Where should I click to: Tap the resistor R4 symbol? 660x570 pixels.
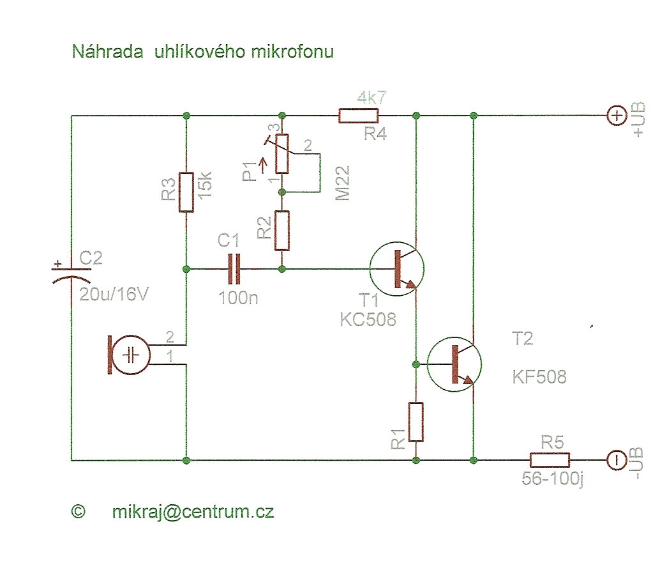click(358, 116)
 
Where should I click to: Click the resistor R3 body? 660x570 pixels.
click(186, 192)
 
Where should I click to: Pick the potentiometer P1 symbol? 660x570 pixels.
click(282, 154)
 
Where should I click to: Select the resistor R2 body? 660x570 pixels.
click(282, 231)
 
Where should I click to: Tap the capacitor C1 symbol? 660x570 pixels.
click(234, 269)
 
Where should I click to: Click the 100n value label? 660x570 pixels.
click(238, 297)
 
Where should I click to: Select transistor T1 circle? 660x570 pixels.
click(397, 269)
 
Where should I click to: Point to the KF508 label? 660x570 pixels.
click(539, 377)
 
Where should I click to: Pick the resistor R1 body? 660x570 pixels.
click(416, 422)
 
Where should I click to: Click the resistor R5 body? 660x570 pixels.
click(550, 459)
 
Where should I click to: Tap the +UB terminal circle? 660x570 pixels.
click(617, 116)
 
